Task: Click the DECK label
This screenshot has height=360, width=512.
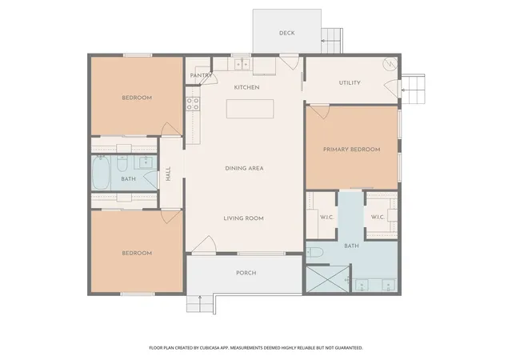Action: click(286, 33)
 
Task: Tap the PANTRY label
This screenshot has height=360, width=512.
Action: click(201, 75)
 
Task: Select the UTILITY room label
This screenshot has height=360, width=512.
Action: click(350, 83)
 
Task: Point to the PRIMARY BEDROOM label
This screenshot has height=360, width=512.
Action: click(352, 150)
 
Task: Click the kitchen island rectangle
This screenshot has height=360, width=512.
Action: click(250, 109)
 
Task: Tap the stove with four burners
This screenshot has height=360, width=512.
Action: click(193, 104)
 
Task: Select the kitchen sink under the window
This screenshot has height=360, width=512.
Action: click(242, 64)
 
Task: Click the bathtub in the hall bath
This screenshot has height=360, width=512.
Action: click(101, 173)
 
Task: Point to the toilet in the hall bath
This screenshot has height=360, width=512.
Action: click(122, 163)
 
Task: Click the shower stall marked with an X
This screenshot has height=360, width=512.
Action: click(327, 279)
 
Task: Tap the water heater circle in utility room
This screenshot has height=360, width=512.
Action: click(390, 64)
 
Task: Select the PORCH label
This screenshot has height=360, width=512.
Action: click(246, 273)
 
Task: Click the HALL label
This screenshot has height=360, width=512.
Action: click(168, 174)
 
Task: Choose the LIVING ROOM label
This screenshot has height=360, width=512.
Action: click(243, 218)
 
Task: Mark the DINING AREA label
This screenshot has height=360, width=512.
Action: click(244, 169)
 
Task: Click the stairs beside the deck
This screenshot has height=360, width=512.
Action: click(332, 41)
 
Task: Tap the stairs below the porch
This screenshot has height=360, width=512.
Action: click(199, 303)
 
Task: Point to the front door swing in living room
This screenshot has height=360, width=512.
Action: click(204, 244)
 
